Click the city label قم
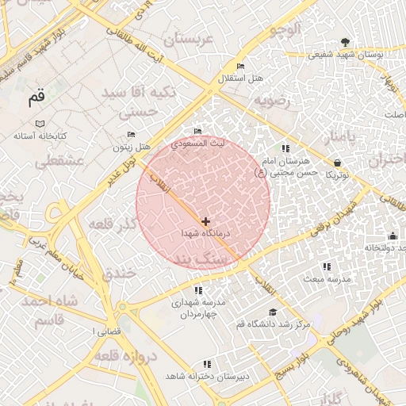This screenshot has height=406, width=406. (36, 98)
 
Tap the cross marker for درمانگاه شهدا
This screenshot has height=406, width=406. (205, 221)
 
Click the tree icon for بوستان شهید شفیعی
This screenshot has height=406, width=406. (344, 42)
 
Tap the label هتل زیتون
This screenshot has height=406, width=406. (131, 147)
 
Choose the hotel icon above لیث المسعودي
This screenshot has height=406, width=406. (197, 131)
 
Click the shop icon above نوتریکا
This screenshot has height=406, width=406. (337, 162)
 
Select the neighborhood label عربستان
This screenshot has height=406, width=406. (188, 39)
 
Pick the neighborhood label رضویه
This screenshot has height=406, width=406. (273, 101)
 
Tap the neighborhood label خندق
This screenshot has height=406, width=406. (120, 272)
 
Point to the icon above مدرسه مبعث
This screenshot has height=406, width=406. (326, 267)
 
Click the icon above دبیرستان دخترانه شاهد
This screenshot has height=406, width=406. (208, 364)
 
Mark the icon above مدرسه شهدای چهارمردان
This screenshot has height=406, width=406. (197, 291)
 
